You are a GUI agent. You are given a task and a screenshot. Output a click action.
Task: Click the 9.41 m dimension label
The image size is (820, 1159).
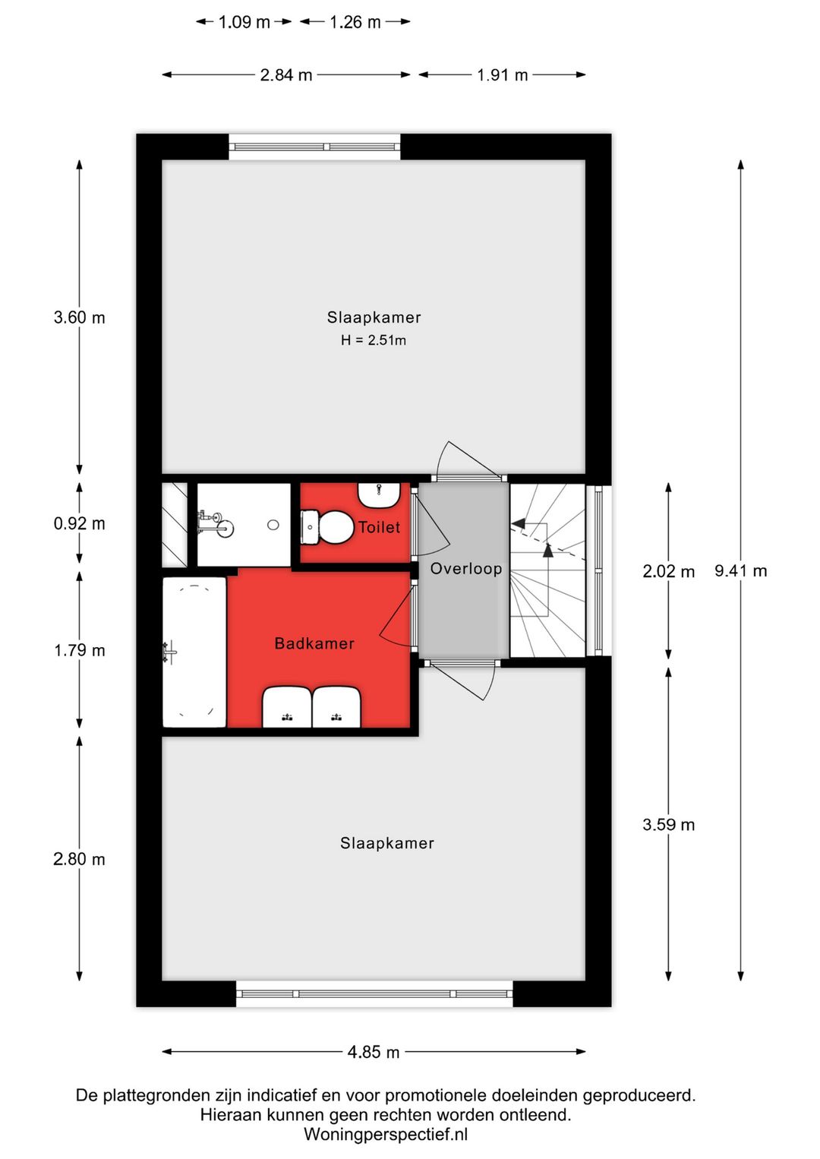(740, 570)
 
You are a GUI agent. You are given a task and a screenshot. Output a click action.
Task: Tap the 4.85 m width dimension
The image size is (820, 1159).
(374, 1052)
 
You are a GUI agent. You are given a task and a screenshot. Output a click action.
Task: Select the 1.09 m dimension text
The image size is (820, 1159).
(244, 22)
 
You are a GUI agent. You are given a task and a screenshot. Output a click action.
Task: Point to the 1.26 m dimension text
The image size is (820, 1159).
(355, 22)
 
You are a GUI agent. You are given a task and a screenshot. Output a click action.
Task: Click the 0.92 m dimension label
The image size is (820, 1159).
(79, 523)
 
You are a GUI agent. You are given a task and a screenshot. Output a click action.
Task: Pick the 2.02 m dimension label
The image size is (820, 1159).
(668, 572)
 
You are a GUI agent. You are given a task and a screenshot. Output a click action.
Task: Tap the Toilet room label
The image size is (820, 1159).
(379, 527)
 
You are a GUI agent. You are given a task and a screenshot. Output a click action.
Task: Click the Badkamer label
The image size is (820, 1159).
(314, 643)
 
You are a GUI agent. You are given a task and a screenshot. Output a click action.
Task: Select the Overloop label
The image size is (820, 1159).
(466, 569)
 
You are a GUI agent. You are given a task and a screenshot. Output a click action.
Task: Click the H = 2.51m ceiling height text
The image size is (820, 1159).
(374, 340)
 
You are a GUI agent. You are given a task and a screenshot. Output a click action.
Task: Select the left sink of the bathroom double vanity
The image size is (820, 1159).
(287, 707)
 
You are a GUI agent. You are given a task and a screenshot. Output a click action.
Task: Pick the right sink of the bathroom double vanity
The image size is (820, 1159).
(337, 707)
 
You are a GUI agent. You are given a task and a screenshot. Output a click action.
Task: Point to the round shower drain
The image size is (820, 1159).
(273, 525)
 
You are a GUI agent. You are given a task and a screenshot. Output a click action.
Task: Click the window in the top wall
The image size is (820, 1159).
(314, 147)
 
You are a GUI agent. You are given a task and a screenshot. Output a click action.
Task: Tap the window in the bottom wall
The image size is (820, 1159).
(374, 993)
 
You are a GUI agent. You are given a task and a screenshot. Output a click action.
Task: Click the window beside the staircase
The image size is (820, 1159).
(598, 570)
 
